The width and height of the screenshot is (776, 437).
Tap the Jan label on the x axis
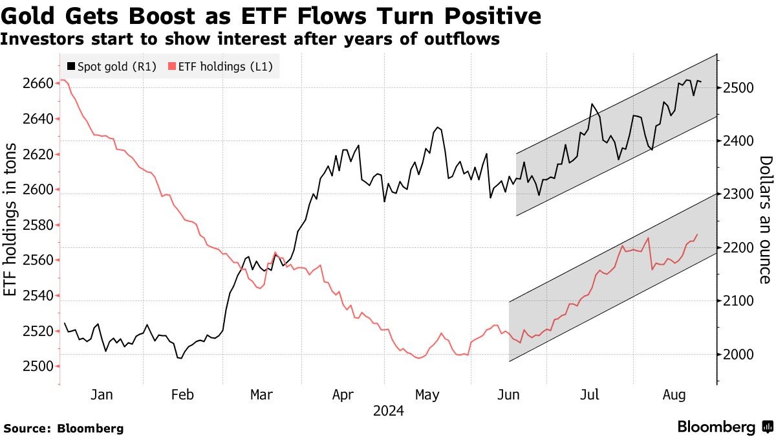pos(102,394)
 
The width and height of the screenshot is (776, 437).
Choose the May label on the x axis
pos(426,394)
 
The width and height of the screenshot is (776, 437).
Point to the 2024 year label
pos(388,411)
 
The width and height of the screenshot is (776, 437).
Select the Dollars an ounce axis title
pos(765,219)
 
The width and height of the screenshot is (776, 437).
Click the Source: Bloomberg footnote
pos(63,428)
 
